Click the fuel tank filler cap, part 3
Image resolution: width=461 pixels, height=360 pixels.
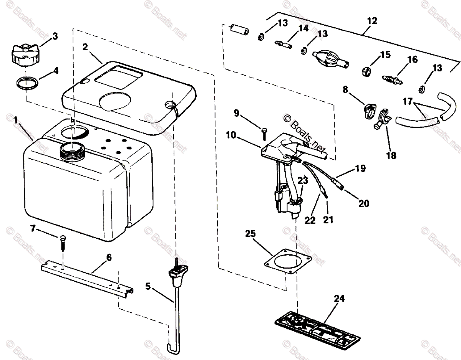tap(26, 55)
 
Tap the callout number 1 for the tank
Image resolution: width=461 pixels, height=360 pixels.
tap(15, 120)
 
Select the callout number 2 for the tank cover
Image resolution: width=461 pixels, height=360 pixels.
tap(85, 47)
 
